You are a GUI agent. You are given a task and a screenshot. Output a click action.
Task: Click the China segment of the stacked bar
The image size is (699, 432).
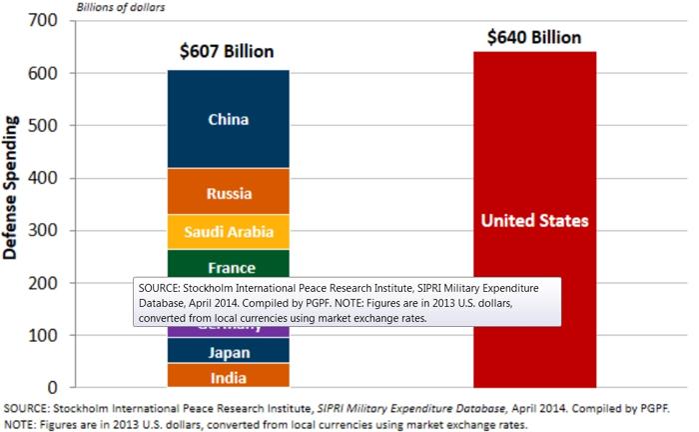(228, 120)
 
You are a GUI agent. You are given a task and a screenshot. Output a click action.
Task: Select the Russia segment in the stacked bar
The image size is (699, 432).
(228, 193)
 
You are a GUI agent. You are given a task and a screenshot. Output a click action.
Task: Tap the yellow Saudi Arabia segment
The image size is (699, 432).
(228, 232)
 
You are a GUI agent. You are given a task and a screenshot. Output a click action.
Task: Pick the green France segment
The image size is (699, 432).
(228, 264)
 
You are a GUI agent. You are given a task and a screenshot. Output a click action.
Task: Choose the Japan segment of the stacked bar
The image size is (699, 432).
(228, 352)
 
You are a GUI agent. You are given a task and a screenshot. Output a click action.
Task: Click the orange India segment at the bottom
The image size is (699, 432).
(228, 377)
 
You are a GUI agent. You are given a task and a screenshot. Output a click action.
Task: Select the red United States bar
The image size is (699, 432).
(534, 220)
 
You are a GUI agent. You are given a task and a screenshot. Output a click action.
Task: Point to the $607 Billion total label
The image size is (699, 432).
(227, 51)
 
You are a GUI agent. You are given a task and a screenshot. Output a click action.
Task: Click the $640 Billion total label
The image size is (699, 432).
(534, 37)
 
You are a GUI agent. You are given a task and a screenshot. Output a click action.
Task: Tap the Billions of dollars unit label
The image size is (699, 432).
(116, 6)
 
